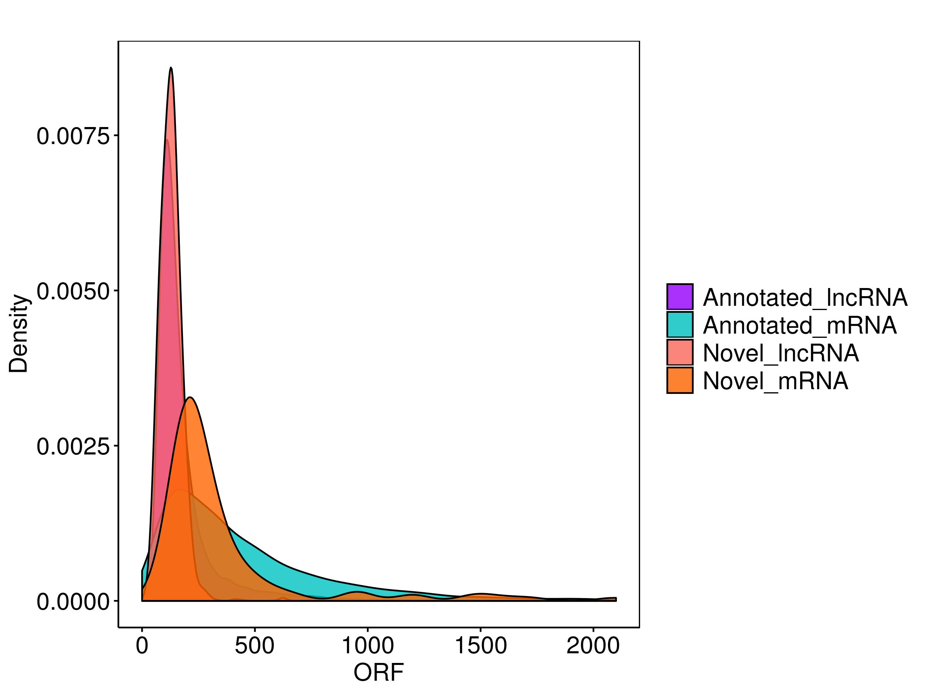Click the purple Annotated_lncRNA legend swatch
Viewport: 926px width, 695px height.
679,297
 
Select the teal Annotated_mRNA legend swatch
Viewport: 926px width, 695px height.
679,325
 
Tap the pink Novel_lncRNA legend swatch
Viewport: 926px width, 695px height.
679,352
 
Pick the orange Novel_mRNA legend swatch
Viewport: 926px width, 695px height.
679,380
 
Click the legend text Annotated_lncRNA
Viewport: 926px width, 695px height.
804,297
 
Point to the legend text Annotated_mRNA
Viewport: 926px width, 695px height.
799,325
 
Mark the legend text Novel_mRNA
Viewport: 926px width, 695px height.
775,381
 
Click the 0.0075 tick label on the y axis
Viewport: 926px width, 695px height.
73,137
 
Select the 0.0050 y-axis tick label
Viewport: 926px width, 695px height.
73,292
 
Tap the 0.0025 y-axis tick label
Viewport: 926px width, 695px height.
73,447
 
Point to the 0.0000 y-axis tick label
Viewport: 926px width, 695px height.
73,602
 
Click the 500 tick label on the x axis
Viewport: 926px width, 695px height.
255,646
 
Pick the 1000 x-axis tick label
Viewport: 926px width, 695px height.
368,646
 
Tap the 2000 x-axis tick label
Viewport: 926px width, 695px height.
593,646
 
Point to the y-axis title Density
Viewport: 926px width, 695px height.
19,333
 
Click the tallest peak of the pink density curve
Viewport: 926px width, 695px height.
171,68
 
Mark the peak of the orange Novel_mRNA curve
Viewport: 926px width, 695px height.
191,398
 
